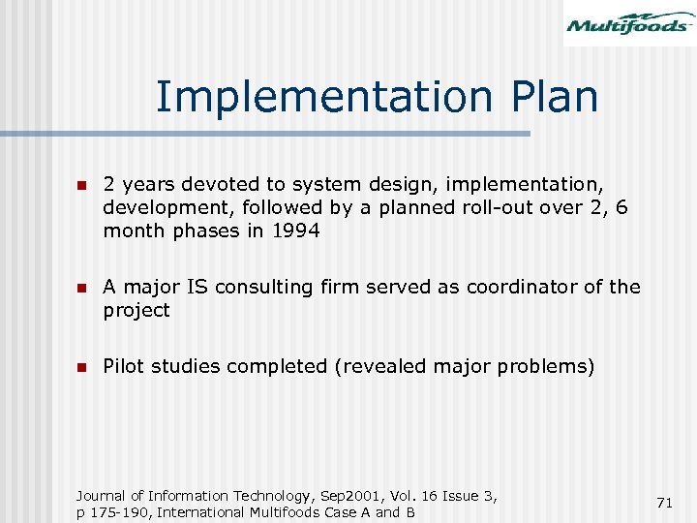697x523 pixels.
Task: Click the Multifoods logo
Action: (x=629, y=23)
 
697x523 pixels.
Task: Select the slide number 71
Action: (x=664, y=503)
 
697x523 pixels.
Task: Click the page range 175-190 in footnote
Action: (x=118, y=512)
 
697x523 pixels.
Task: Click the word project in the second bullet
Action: (x=136, y=310)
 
